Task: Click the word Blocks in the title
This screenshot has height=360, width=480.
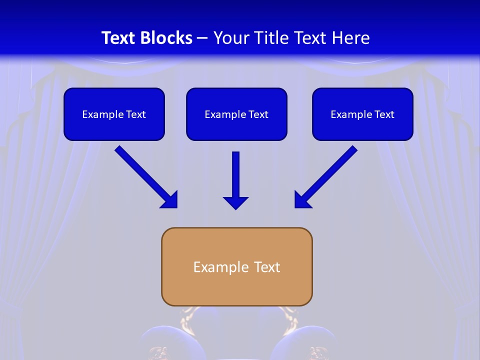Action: pos(166,38)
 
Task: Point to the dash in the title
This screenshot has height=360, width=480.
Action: pos(202,38)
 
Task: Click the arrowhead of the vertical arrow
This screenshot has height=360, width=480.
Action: pos(235,202)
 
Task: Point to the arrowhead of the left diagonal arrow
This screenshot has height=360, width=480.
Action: pos(170,200)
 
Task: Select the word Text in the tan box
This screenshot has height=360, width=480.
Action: pos(267,267)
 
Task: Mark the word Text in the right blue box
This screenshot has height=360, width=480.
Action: pos(384,114)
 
